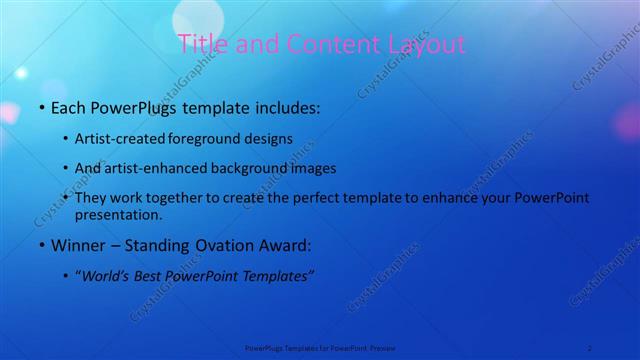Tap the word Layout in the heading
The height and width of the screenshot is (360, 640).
click(x=427, y=45)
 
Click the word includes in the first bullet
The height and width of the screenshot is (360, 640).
click(x=279, y=105)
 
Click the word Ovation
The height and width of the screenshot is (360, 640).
click(x=218, y=245)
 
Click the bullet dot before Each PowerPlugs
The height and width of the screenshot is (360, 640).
click(x=41, y=106)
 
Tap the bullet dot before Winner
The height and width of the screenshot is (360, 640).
click(x=41, y=246)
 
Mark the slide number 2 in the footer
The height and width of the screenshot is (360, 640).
click(x=590, y=348)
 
